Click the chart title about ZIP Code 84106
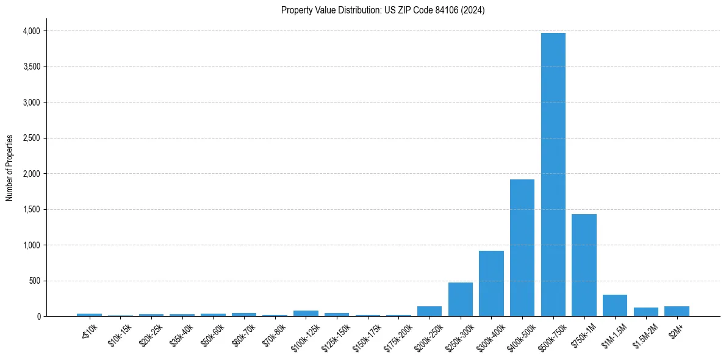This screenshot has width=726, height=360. click(383, 10)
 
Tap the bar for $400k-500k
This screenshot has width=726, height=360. click(522, 248)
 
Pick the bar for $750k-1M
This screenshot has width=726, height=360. click(584, 265)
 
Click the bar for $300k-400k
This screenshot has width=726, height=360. click(491, 284)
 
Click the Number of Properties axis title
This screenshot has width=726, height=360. click(10, 168)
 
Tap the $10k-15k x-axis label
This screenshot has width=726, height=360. click(120, 335)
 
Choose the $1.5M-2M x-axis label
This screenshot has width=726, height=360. click(645, 336)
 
